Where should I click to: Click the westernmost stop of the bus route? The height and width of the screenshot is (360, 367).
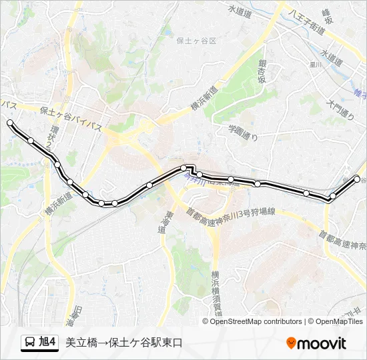(x=10, y=123)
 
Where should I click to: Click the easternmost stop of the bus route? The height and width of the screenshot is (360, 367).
(x=357, y=179)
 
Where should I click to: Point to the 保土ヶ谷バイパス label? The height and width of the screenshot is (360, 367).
(x=71, y=111)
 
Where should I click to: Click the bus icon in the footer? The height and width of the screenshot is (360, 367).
(x=30, y=343)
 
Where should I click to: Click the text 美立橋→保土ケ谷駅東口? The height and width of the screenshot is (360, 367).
(x=123, y=343)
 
